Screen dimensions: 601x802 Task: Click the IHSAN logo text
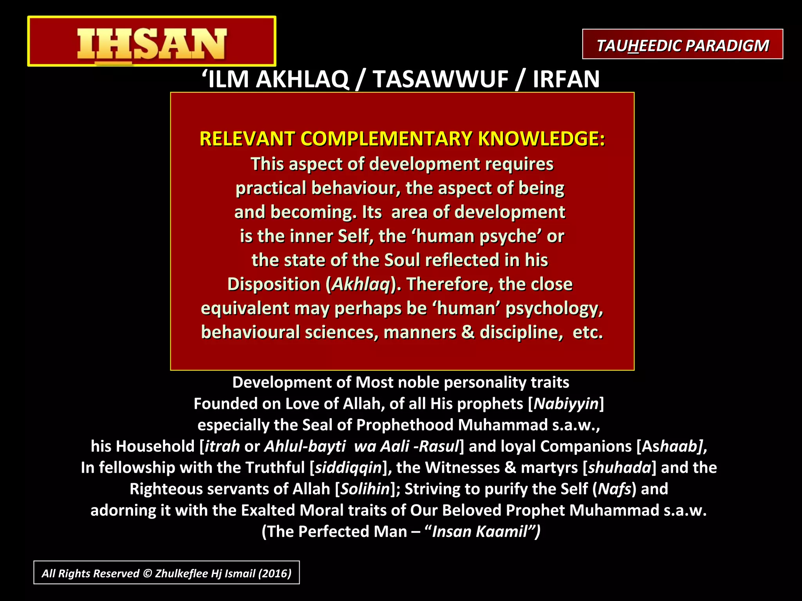(x=152, y=43)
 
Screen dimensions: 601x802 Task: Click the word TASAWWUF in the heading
(x=440, y=79)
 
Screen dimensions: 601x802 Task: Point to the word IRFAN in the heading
(x=566, y=79)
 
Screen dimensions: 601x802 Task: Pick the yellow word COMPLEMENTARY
(x=387, y=139)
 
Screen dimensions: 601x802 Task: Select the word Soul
(x=402, y=260)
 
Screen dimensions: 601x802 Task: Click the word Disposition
(x=274, y=284)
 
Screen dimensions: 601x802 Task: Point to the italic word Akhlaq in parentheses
(x=361, y=284)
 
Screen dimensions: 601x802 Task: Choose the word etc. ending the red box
(x=587, y=333)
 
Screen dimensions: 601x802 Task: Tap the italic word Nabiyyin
(x=566, y=404)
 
